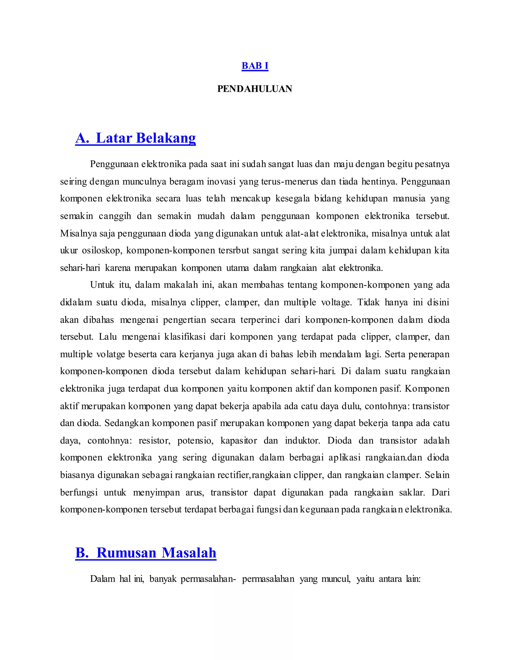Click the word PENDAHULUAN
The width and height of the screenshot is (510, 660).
coord(255,89)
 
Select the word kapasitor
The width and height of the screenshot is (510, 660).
coord(239,441)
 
